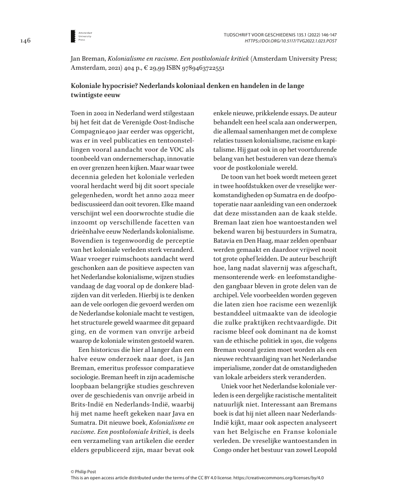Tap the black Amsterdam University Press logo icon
point(73,35)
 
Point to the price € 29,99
point(158,67)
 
